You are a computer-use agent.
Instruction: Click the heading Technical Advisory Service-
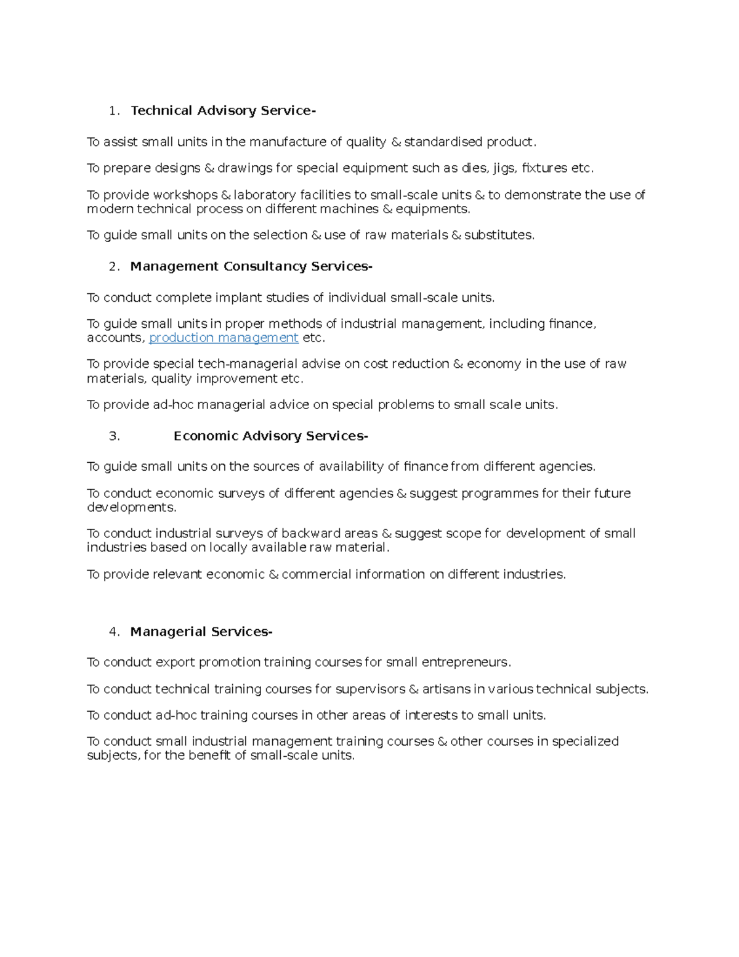223,111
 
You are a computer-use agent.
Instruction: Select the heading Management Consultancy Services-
251,266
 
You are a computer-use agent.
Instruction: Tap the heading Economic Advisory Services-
270,436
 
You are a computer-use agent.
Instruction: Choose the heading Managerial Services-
201,632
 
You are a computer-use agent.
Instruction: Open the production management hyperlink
224,338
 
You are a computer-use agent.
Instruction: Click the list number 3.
113,436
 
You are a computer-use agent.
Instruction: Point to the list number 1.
113,111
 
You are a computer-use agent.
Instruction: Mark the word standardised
443,142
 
